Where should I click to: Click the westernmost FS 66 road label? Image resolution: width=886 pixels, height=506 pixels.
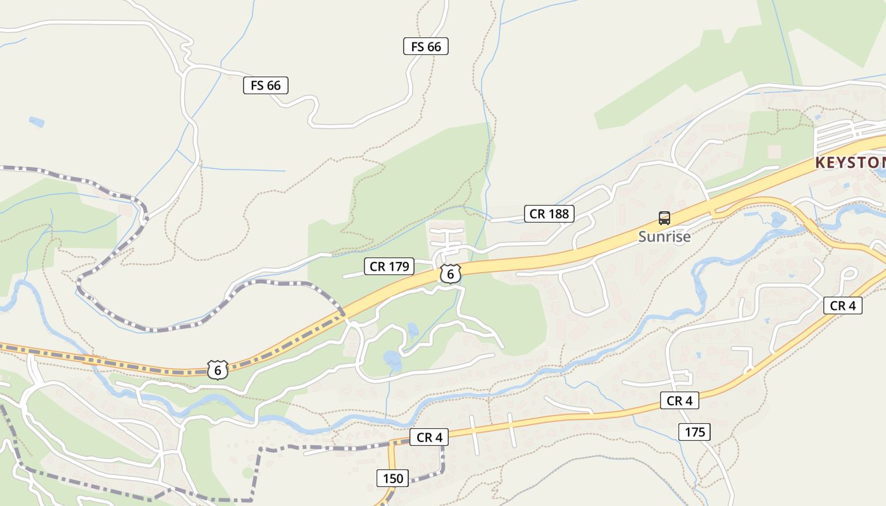click(x=266, y=85)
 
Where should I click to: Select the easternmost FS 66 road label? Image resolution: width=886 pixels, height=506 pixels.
click(x=426, y=46)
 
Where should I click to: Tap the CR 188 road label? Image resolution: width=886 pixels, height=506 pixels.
click(x=549, y=214)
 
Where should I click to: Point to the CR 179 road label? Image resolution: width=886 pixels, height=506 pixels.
click(x=389, y=266)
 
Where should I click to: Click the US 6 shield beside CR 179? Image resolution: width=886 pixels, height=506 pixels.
click(x=450, y=274)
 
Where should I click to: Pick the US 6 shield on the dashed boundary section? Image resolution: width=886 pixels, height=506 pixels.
click(x=218, y=370)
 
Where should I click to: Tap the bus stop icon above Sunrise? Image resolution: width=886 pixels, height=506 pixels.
click(x=664, y=218)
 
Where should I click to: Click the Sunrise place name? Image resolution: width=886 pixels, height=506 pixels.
click(x=664, y=237)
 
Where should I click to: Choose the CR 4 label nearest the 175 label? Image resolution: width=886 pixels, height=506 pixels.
click(x=680, y=400)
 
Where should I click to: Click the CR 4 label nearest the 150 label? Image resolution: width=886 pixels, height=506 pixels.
click(x=429, y=437)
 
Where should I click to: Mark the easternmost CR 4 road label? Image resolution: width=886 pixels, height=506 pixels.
click(x=843, y=305)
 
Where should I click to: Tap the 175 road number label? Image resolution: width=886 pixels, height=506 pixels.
click(x=694, y=432)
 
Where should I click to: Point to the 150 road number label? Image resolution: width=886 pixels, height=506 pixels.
click(x=392, y=478)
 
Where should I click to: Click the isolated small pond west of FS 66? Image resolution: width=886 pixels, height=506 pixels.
click(x=37, y=121)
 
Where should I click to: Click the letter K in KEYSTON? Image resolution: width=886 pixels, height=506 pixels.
click(x=820, y=163)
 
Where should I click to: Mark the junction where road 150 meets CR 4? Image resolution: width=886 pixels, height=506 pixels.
click(x=392, y=442)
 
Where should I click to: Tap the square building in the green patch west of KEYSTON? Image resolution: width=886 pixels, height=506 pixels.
click(x=774, y=152)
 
